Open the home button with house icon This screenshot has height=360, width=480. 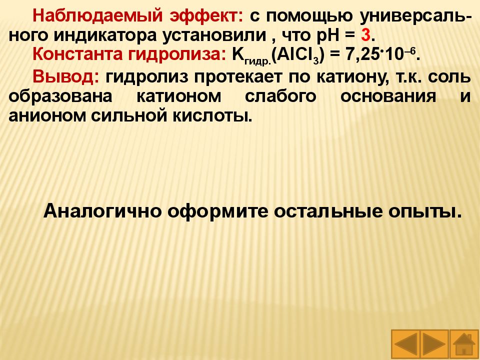464,343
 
